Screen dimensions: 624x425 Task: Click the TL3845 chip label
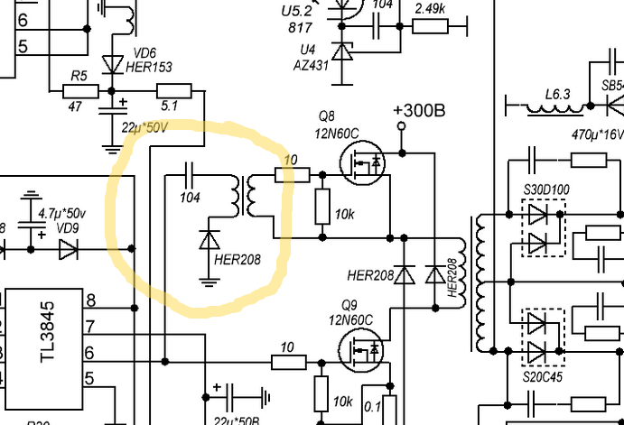click(x=47, y=332)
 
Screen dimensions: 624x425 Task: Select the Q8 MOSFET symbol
click(x=362, y=162)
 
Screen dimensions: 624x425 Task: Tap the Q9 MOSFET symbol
click(x=361, y=350)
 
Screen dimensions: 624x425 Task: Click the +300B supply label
click(x=419, y=111)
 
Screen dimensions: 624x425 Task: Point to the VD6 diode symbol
click(x=113, y=64)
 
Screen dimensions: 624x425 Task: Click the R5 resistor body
click(x=80, y=91)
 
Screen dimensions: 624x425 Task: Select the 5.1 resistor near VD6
click(x=174, y=90)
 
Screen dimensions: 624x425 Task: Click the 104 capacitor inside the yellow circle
click(x=190, y=175)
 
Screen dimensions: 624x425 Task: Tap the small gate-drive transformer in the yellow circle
click(x=244, y=196)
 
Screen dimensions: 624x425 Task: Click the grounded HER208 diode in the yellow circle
click(x=210, y=240)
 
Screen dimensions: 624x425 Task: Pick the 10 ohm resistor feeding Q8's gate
click(x=293, y=175)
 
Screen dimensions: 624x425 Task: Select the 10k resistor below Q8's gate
click(x=322, y=207)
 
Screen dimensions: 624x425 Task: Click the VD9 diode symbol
click(x=69, y=249)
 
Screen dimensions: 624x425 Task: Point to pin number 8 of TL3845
click(x=90, y=300)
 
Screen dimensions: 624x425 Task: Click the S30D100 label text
click(x=546, y=189)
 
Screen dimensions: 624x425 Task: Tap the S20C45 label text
click(x=543, y=376)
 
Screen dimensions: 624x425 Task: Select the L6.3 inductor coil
click(x=556, y=109)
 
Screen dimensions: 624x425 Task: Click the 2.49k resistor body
click(x=430, y=26)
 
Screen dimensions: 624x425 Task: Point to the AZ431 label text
click(x=312, y=65)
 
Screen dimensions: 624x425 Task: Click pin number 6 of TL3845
click(x=89, y=353)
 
